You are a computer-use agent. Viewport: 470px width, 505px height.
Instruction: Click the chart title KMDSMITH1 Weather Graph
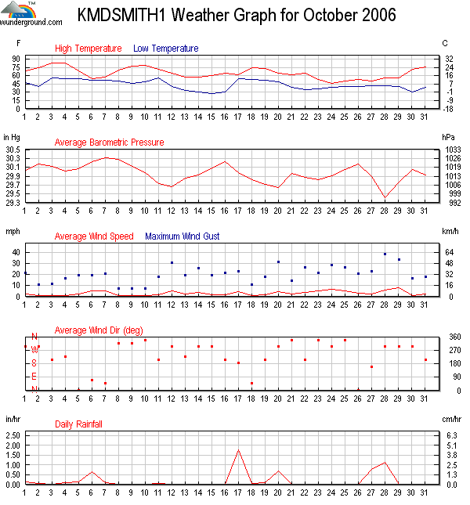[237, 16]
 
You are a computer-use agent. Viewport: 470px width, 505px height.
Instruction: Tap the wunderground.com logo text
[32, 22]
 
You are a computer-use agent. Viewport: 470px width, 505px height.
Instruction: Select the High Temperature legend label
[89, 49]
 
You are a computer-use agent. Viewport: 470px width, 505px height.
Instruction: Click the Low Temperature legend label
[165, 49]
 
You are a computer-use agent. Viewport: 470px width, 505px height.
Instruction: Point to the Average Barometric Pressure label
[109, 142]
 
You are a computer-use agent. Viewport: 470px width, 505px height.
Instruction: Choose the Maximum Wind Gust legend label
[183, 236]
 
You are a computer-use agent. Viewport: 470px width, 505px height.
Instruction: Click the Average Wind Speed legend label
[94, 236]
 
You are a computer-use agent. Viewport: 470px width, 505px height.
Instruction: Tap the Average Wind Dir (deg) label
[99, 330]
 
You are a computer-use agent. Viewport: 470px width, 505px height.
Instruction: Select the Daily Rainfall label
[78, 424]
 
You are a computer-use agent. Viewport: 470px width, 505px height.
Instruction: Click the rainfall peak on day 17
[238, 450]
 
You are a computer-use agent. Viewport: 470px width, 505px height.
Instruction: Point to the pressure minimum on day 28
[385, 197]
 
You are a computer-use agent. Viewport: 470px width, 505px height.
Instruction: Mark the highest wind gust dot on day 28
[385, 254]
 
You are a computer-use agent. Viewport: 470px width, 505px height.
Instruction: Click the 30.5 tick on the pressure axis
[12, 149]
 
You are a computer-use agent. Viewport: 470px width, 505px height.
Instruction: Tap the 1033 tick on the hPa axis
[451, 149]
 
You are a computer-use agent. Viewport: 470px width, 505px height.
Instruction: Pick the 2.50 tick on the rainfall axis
[12, 445]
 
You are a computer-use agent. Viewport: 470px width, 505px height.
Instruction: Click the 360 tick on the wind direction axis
[450, 337]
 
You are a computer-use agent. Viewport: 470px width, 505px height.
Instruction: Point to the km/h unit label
[450, 231]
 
